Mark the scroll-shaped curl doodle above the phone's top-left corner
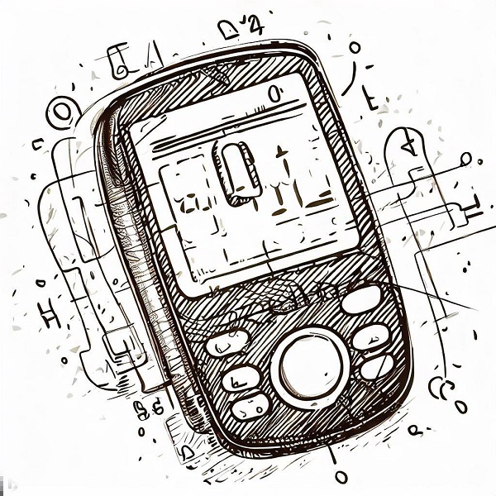pyautogui.click(x=117, y=60)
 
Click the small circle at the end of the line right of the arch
pyautogui.click(x=467, y=158)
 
